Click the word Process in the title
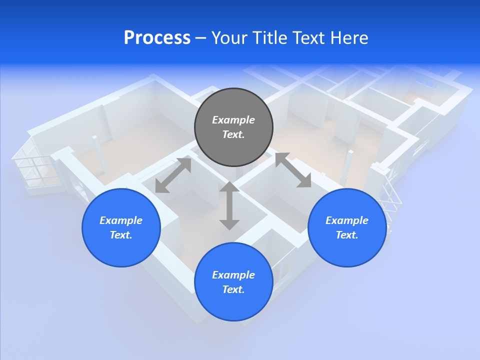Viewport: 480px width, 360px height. [157, 38]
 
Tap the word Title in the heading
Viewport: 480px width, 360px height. [270, 38]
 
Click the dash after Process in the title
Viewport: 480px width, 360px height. [200, 38]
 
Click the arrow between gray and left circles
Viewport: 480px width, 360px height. [173, 174]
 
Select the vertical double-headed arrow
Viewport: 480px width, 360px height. [229, 205]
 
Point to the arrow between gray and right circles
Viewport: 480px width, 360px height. [293, 170]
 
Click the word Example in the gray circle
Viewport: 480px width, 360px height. [233, 120]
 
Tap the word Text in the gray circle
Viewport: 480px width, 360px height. [233, 134]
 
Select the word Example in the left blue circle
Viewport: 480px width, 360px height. [121, 220]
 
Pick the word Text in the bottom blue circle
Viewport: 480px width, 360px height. [233, 289]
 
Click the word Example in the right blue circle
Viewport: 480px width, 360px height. [347, 220]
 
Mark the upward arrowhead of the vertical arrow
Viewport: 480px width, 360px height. [229, 187]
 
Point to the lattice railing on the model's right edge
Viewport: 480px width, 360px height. [391, 200]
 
